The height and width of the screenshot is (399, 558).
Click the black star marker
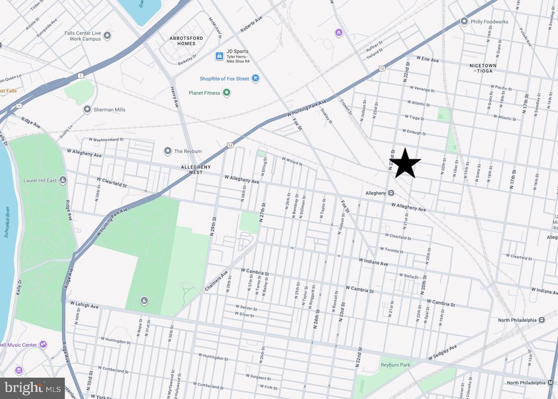point(405,163)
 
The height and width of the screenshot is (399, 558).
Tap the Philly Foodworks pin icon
point(464,22)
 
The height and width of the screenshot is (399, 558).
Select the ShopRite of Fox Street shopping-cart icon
point(255,78)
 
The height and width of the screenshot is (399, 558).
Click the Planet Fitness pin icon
point(227,93)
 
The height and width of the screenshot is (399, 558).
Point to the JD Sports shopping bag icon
point(219,56)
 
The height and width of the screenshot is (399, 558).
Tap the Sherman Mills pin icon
point(87,109)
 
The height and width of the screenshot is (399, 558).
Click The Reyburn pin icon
point(168,151)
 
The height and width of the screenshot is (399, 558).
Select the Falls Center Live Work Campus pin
point(107,36)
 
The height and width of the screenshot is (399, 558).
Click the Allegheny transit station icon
point(391,193)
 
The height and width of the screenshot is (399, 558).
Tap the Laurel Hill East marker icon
point(63,180)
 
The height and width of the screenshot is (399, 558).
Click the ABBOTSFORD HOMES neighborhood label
point(182,40)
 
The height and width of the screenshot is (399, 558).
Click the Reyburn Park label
point(395,365)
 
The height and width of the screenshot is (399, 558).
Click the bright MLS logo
point(32,388)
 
